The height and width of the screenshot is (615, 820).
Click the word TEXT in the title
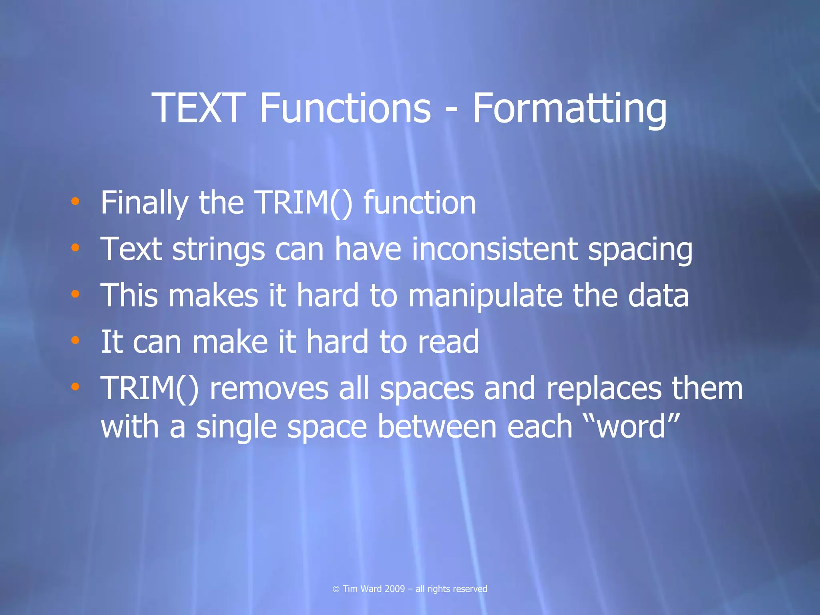point(198,108)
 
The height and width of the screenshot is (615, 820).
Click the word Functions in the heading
point(345,108)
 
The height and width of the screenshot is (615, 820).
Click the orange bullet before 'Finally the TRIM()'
point(75,201)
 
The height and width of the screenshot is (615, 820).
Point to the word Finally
point(144,203)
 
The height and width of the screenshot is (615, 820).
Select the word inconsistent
point(495,249)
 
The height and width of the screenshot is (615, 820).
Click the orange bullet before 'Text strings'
point(75,248)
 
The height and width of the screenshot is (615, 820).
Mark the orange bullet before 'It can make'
point(75,340)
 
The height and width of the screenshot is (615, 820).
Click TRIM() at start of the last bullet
point(149,388)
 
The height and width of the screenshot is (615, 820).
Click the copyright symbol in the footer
point(336,589)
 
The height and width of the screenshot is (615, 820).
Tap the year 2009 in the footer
point(394,589)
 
